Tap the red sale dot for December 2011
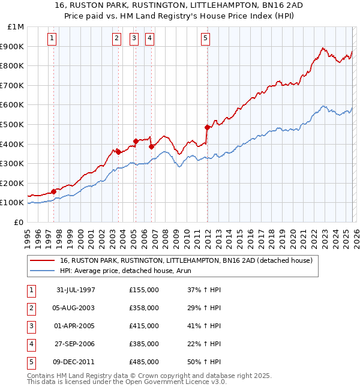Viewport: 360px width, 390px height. pos(207,127)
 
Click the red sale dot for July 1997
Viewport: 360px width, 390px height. pos(54,191)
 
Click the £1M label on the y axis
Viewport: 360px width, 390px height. pos(16,26)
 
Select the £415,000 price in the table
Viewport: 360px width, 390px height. pos(144,326)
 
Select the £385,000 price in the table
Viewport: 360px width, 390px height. pos(144,344)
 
